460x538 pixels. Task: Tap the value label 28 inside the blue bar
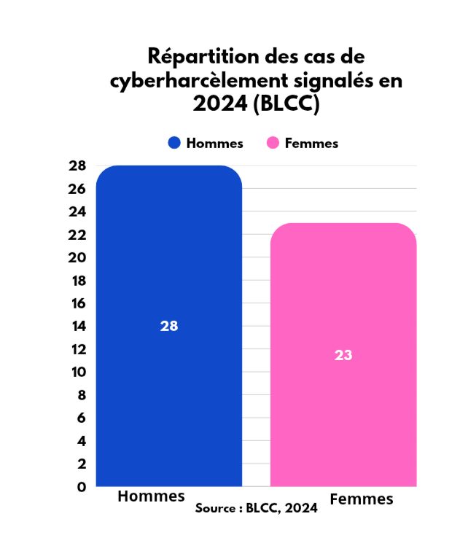click(x=169, y=326)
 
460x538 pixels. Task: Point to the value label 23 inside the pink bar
click(x=343, y=355)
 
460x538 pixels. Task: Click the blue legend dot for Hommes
click(x=174, y=143)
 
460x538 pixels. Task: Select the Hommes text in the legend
click(x=214, y=143)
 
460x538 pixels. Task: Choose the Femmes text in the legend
click(x=311, y=143)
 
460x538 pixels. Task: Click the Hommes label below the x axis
click(x=152, y=496)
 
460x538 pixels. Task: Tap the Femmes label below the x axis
click(x=362, y=499)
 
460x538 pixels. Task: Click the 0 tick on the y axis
click(x=82, y=486)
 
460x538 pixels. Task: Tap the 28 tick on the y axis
click(x=78, y=166)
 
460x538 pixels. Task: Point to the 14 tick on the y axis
click(x=78, y=326)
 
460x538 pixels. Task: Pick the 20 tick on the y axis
click(x=78, y=257)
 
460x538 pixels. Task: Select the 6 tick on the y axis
click(x=82, y=418)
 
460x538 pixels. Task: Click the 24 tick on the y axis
click(x=78, y=212)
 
